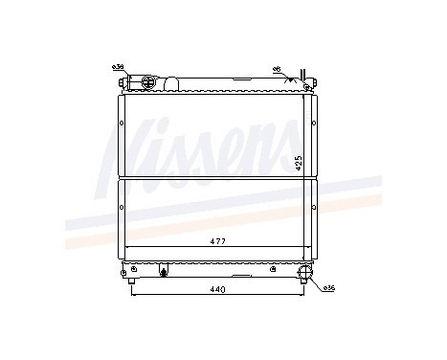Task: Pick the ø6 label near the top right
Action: [x=277, y=69]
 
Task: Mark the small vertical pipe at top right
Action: [x=303, y=78]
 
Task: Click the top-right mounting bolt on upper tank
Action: [x=304, y=90]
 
